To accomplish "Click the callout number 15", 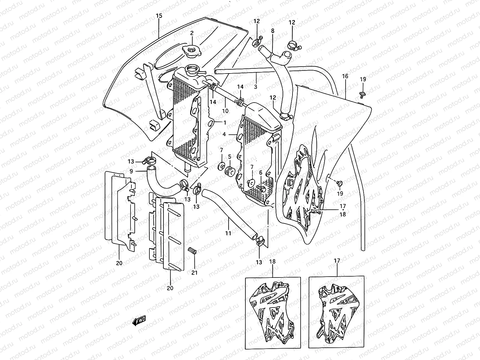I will (x=159, y=16).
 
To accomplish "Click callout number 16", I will (x=345, y=76).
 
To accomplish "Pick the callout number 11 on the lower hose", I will (x=228, y=233).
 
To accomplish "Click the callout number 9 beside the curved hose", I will (x=131, y=171).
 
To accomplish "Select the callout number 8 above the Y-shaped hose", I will (x=272, y=31).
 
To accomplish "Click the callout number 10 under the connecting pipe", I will (x=225, y=111).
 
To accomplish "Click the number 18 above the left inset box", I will (x=272, y=261).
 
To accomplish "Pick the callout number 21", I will (x=195, y=273).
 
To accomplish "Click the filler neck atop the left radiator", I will (x=193, y=70).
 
